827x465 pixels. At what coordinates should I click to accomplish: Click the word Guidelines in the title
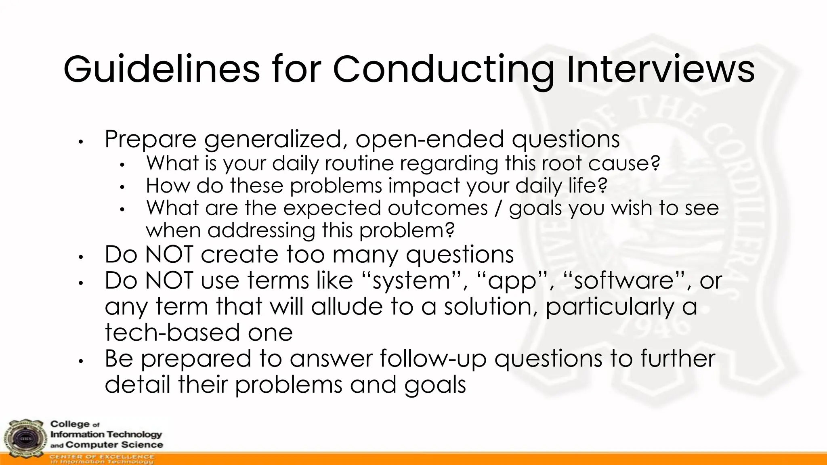pyautogui.click(x=162, y=69)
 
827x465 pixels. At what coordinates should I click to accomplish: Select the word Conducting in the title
pyautogui.click(x=443, y=69)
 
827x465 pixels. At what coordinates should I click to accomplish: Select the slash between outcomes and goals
pyautogui.click(x=498, y=208)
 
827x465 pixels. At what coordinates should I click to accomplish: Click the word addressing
pyautogui.click(x=261, y=231)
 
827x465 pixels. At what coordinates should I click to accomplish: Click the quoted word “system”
pyautogui.click(x=416, y=281)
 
